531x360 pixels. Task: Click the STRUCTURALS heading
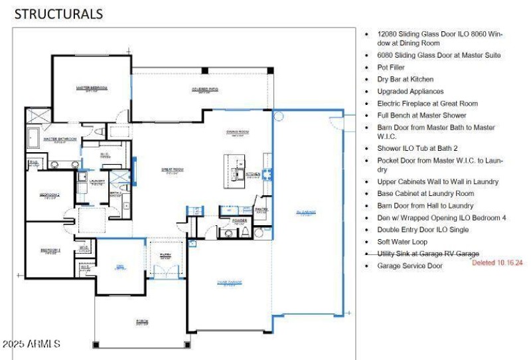(58, 13)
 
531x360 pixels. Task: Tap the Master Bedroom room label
(92, 88)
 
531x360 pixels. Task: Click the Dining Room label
(237, 132)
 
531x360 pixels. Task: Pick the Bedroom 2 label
(50, 195)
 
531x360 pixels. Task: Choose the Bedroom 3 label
(50, 250)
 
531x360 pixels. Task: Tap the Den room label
(120, 266)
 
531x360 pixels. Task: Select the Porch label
(142, 321)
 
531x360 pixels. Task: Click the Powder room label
(239, 220)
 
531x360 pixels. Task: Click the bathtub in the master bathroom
(34, 139)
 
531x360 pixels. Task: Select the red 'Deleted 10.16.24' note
(497, 263)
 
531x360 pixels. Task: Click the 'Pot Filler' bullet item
(391, 67)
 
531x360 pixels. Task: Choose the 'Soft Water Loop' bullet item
(402, 242)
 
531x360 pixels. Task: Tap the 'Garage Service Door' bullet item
(410, 266)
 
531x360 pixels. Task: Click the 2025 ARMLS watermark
(31, 344)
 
